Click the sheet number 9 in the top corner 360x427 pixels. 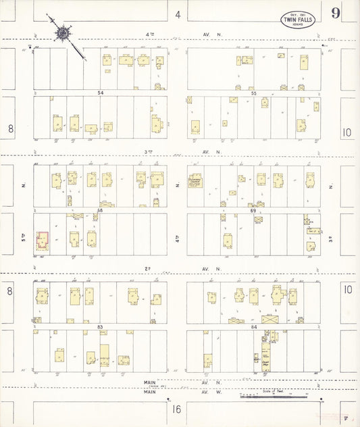335,13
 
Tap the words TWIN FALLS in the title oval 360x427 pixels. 297,20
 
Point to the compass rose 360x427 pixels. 62,32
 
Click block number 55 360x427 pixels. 254,91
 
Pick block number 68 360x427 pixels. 100,210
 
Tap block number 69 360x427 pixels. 254,210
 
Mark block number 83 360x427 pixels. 101,327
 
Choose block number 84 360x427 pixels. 254,327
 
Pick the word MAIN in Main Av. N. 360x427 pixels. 150,382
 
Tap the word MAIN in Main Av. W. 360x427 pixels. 150,392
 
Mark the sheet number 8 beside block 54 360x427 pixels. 10,128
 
